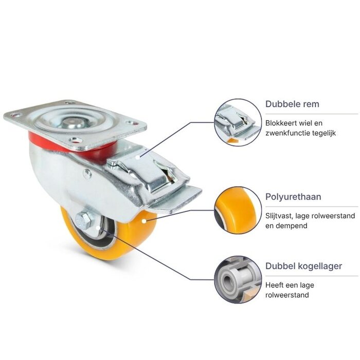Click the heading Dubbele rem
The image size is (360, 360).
click(x=292, y=104)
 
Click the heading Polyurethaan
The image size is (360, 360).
click(x=293, y=197)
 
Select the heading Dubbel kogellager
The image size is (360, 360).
click(x=303, y=266)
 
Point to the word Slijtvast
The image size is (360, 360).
click(x=279, y=216)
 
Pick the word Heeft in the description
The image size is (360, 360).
click(x=274, y=285)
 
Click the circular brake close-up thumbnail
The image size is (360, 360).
click(x=238, y=122)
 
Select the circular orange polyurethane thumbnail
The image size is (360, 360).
click(x=238, y=210)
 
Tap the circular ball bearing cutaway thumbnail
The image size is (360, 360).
click(x=238, y=280)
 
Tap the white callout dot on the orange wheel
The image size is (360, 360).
click(x=144, y=221)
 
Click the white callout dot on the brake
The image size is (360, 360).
click(x=137, y=157)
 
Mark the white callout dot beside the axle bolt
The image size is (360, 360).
click(x=98, y=228)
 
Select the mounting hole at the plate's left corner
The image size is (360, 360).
click(x=16, y=115)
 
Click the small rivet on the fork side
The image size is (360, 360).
click(x=87, y=174)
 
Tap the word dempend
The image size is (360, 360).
click(x=292, y=226)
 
